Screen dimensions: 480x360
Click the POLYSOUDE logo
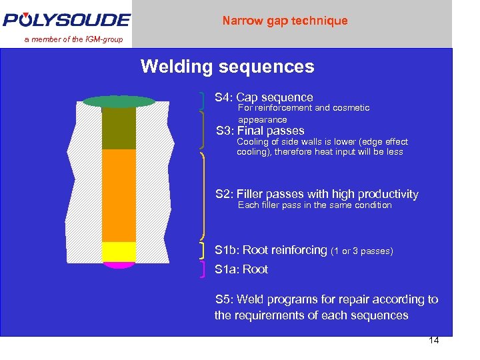[66, 19]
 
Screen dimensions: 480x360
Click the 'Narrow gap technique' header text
[285, 21]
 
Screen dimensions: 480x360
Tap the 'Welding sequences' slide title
[227, 67]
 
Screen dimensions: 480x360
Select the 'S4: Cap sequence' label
[263, 97]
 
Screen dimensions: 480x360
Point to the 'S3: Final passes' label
[260, 131]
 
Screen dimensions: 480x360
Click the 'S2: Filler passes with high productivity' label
[317, 194]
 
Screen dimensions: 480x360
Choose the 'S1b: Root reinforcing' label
[271, 250]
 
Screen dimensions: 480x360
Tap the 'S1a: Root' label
[241, 269]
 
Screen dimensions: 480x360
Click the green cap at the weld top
[119, 101]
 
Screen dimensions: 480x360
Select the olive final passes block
[119, 128]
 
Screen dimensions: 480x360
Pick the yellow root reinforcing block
[119, 251]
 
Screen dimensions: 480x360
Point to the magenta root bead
[119, 265]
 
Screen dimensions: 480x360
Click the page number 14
[433, 341]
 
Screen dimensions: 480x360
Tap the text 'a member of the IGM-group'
[74, 39]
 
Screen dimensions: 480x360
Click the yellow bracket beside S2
[202, 195]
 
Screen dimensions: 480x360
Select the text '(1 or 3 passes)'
[362, 251]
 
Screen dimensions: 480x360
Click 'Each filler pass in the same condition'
[315, 205]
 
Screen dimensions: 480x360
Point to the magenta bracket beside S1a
[202, 269]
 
